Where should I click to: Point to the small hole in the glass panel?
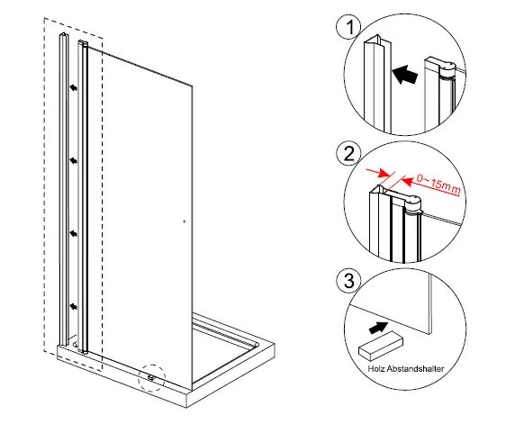pos(183,219)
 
